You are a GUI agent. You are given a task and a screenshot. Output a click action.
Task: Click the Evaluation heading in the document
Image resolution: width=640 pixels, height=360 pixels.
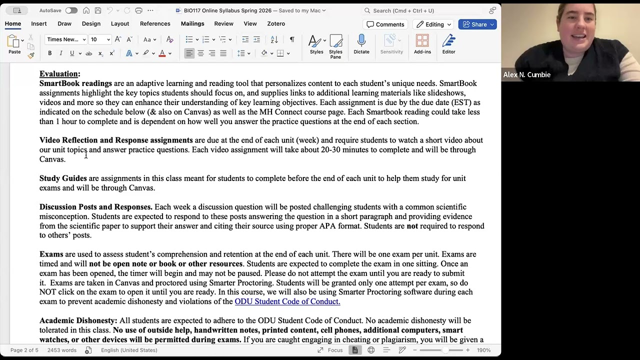pyautogui.click(x=59, y=74)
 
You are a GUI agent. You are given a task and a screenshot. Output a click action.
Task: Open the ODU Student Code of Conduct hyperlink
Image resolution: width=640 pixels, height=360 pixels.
pyautogui.click(x=287, y=301)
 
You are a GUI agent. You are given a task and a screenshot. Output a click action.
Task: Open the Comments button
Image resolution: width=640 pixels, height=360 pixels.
pyautogui.click(x=385, y=24)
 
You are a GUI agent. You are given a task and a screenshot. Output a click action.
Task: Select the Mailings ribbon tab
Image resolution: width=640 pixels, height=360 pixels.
pyautogui.click(x=192, y=23)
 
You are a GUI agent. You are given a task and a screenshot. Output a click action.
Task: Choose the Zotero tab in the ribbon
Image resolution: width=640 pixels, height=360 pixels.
pyautogui.click(x=276, y=23)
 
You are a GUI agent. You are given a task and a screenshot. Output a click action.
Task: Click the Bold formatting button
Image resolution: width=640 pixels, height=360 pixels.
pyautogui.click(x=49, y=53)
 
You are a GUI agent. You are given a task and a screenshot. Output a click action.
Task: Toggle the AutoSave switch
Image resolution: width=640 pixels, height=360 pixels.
pyautogui.click(x=71, y=10)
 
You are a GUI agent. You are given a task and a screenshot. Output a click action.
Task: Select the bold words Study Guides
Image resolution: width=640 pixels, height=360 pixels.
pyautogui.click(x=63, y=178)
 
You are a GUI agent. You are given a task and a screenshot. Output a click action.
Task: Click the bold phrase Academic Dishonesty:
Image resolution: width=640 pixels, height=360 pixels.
pyautogui.click(x=78, y=320)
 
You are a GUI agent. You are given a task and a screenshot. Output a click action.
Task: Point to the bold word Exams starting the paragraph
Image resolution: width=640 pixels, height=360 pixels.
pyautogui.click(x=51, y=254)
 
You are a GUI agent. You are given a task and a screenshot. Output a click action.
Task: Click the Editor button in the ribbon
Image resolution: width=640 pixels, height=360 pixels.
pyautogui.click(x=448, y=44)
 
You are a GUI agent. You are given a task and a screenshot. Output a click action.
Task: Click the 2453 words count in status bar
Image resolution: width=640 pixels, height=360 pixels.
pyautogui.click(x=61, y=350)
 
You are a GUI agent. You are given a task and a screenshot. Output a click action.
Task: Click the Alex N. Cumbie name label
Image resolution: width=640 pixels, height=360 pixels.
pyautogui.click(x=526, y=74)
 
